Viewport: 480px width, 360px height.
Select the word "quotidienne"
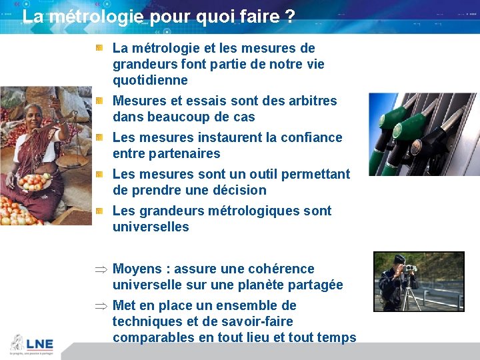tap(150, 81)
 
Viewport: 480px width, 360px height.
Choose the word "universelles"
tap(151, 227)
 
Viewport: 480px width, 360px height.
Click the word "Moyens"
tap(137, 269)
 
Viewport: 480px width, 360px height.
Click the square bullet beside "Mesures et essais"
tap(98, 101)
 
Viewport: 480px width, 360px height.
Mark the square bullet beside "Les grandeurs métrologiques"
tap(98, 211)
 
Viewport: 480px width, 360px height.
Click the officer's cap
tap(399, 259)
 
